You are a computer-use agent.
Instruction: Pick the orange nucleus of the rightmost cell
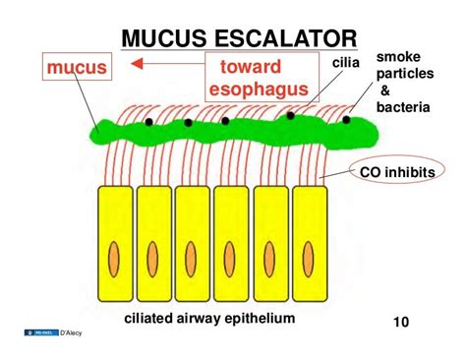click(310, 250)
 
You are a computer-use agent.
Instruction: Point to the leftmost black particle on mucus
click(148, 123)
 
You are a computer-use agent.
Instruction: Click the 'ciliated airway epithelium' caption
click(209, 318)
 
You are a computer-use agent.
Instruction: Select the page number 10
click(401, 321)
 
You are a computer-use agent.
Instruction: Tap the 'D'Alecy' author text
click(72, 333)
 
